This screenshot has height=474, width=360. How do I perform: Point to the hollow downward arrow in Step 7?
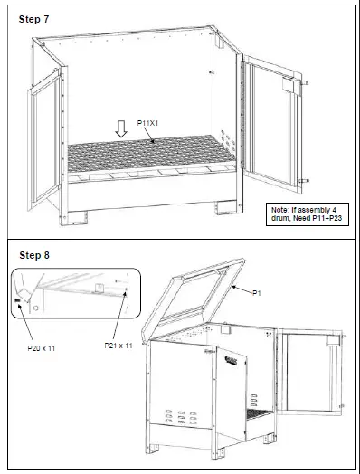tap(122, 130)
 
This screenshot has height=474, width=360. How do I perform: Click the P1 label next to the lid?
tap(256, 291)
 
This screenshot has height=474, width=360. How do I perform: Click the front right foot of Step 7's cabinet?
tap(223, 209)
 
